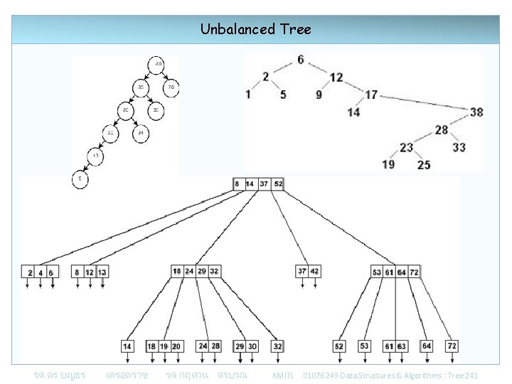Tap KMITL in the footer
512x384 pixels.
(283, 375)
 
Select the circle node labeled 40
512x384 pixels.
(158, 65)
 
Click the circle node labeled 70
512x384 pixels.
(171, 88)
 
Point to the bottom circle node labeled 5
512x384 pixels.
(80, 179)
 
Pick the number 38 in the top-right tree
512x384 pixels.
(476, 112)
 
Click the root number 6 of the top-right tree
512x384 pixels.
(301, 60)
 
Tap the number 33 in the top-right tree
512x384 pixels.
(459, 147)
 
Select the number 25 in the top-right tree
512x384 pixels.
(423, 165)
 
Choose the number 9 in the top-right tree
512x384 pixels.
(319, 94)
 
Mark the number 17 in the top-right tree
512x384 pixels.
(371, 94)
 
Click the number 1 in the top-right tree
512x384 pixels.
(247, 94)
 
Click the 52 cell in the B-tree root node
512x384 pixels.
(278, 184)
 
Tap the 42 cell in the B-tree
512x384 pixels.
(314, 271)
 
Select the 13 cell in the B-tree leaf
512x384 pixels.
(102, 272)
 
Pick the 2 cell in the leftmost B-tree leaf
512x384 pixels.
(30, 272)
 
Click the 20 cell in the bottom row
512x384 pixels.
(176, 346)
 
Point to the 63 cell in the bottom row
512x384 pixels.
(402, 346)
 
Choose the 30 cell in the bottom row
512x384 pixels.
(252, 346)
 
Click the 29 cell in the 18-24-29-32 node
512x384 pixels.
(201, 271)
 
